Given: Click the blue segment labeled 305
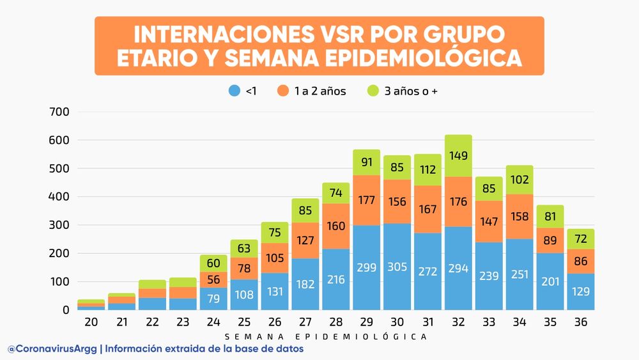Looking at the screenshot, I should tap(397, 267).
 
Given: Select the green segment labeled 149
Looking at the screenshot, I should tap(458, 156).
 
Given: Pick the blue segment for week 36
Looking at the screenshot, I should tap(581, 292).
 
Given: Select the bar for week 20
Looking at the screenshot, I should tap(91, 304).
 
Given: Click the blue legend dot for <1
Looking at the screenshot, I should tap(234, 91).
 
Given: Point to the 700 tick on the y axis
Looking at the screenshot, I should tap(59, 113).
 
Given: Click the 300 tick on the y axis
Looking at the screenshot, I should tap(59, 225).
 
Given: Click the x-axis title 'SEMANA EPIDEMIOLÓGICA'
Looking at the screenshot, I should tap(326, 336).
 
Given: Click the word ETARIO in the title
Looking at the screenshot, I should tap(164, 58).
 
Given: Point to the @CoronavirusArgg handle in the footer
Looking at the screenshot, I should tap(52, 349).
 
